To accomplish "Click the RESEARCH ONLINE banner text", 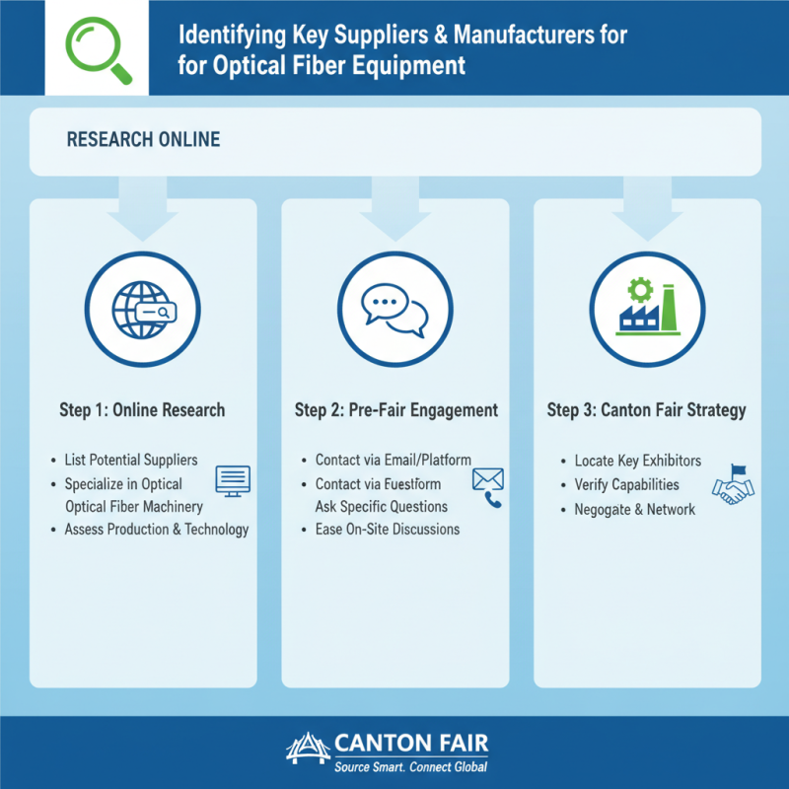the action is click(x=144, y=140).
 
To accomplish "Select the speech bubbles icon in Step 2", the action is click(x=395, y=306).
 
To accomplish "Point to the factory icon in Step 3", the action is click(x=648, y=306).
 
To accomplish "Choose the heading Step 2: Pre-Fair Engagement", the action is click(x=396, y=410).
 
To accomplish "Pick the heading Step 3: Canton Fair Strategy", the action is click(x=647, y=410).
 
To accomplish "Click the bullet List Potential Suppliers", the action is click(x=131, y=461).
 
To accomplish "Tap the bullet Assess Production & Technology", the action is click(x=157, y=530).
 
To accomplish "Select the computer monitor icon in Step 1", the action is click(x=233, y=480).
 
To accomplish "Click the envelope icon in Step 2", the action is click(x=488, y=478).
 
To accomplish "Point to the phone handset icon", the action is click(x=493, y=500).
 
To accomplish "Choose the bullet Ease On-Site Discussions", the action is click(x=388, y=530).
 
